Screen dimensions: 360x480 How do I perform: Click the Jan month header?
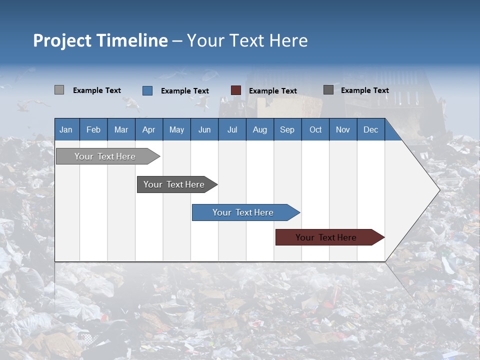66,129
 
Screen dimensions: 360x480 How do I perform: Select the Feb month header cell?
93,129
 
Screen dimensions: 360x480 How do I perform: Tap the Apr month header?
148,129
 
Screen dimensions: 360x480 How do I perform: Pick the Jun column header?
204,129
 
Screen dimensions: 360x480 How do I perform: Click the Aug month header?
260,129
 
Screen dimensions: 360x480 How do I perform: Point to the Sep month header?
287,129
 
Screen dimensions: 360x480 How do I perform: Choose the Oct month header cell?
315,129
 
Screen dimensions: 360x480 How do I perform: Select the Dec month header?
371,129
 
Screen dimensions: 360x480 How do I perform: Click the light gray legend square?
59,90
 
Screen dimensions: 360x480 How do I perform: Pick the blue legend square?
147,90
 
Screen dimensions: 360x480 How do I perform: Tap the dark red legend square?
236,90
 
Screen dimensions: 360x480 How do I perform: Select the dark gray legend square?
328,90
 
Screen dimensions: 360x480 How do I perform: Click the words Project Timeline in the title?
100,40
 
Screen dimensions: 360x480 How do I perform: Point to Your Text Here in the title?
247,40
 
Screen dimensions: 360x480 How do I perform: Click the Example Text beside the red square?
273,91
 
